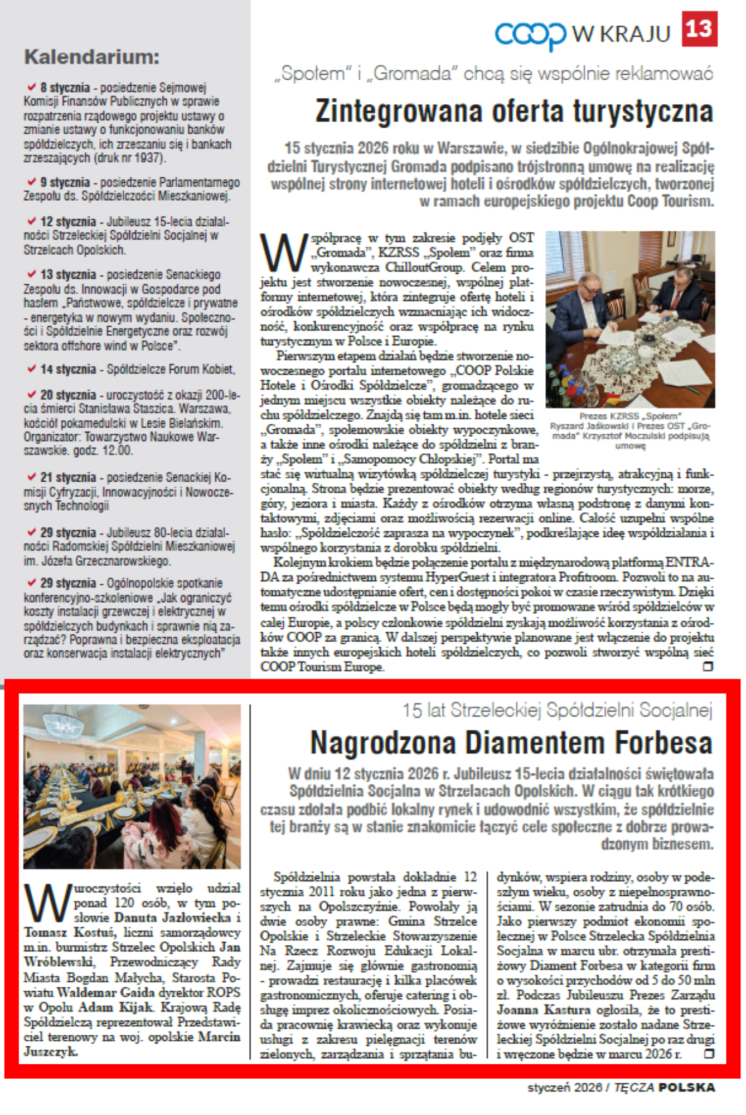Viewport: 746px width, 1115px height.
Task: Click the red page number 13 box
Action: [699, 29]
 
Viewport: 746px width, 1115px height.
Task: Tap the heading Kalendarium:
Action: [92, 57]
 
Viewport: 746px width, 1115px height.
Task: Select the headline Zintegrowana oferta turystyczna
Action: [514, 111]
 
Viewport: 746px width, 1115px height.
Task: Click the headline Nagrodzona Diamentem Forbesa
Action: [511, 743]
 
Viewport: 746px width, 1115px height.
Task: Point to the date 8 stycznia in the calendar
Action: [65, 88]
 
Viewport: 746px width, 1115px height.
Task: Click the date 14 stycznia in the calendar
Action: [67, 369]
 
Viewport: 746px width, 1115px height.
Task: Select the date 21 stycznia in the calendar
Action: [67, 477]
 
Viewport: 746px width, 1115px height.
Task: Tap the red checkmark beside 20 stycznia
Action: [32, 394]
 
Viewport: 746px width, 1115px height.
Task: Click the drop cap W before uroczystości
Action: [48, 903]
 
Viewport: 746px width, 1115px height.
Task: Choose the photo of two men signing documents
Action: [630, 319]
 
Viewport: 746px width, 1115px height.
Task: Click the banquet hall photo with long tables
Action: [132, 786]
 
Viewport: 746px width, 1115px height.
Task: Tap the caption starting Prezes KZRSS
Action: [630, 430]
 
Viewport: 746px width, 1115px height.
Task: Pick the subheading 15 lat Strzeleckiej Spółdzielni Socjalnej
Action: [558, 710]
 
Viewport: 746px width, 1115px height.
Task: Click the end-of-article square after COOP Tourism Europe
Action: [708, 666]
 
